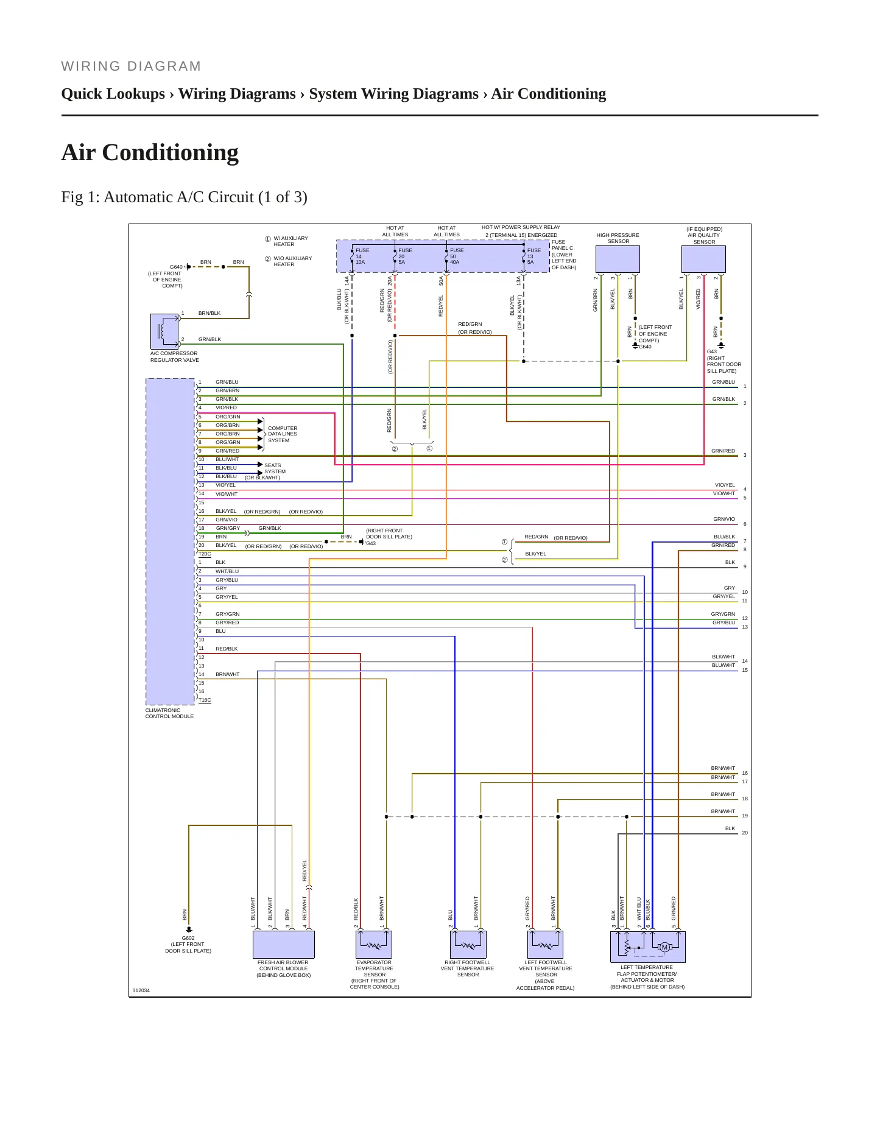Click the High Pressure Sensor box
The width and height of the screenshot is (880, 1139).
(618, 259)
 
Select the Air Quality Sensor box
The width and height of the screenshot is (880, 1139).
(703, 259)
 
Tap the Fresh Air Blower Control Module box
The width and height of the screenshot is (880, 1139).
(284, 945)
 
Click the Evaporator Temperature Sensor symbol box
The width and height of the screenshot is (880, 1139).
(374, 945)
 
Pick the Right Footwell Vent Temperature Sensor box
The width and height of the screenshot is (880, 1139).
(468, 945)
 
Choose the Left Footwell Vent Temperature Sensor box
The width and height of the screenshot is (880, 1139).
(545, 945)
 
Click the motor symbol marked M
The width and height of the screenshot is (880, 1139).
(664, 947)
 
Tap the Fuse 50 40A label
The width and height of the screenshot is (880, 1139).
(457, 256)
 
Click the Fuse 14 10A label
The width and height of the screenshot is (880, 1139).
(362, 256)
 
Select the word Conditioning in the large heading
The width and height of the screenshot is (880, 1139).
(171, 152)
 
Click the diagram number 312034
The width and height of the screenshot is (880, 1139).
(141, 990)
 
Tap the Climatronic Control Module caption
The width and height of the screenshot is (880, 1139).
(169, 713)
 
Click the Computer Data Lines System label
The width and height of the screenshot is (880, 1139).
(283, 434)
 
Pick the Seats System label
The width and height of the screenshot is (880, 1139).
(275, 468)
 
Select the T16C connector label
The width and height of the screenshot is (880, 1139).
(205, 700)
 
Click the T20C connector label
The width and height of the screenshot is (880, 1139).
(205, 554)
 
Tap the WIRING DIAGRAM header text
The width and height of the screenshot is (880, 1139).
(131, 66)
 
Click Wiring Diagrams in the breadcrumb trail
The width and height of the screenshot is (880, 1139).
(237, 94)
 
